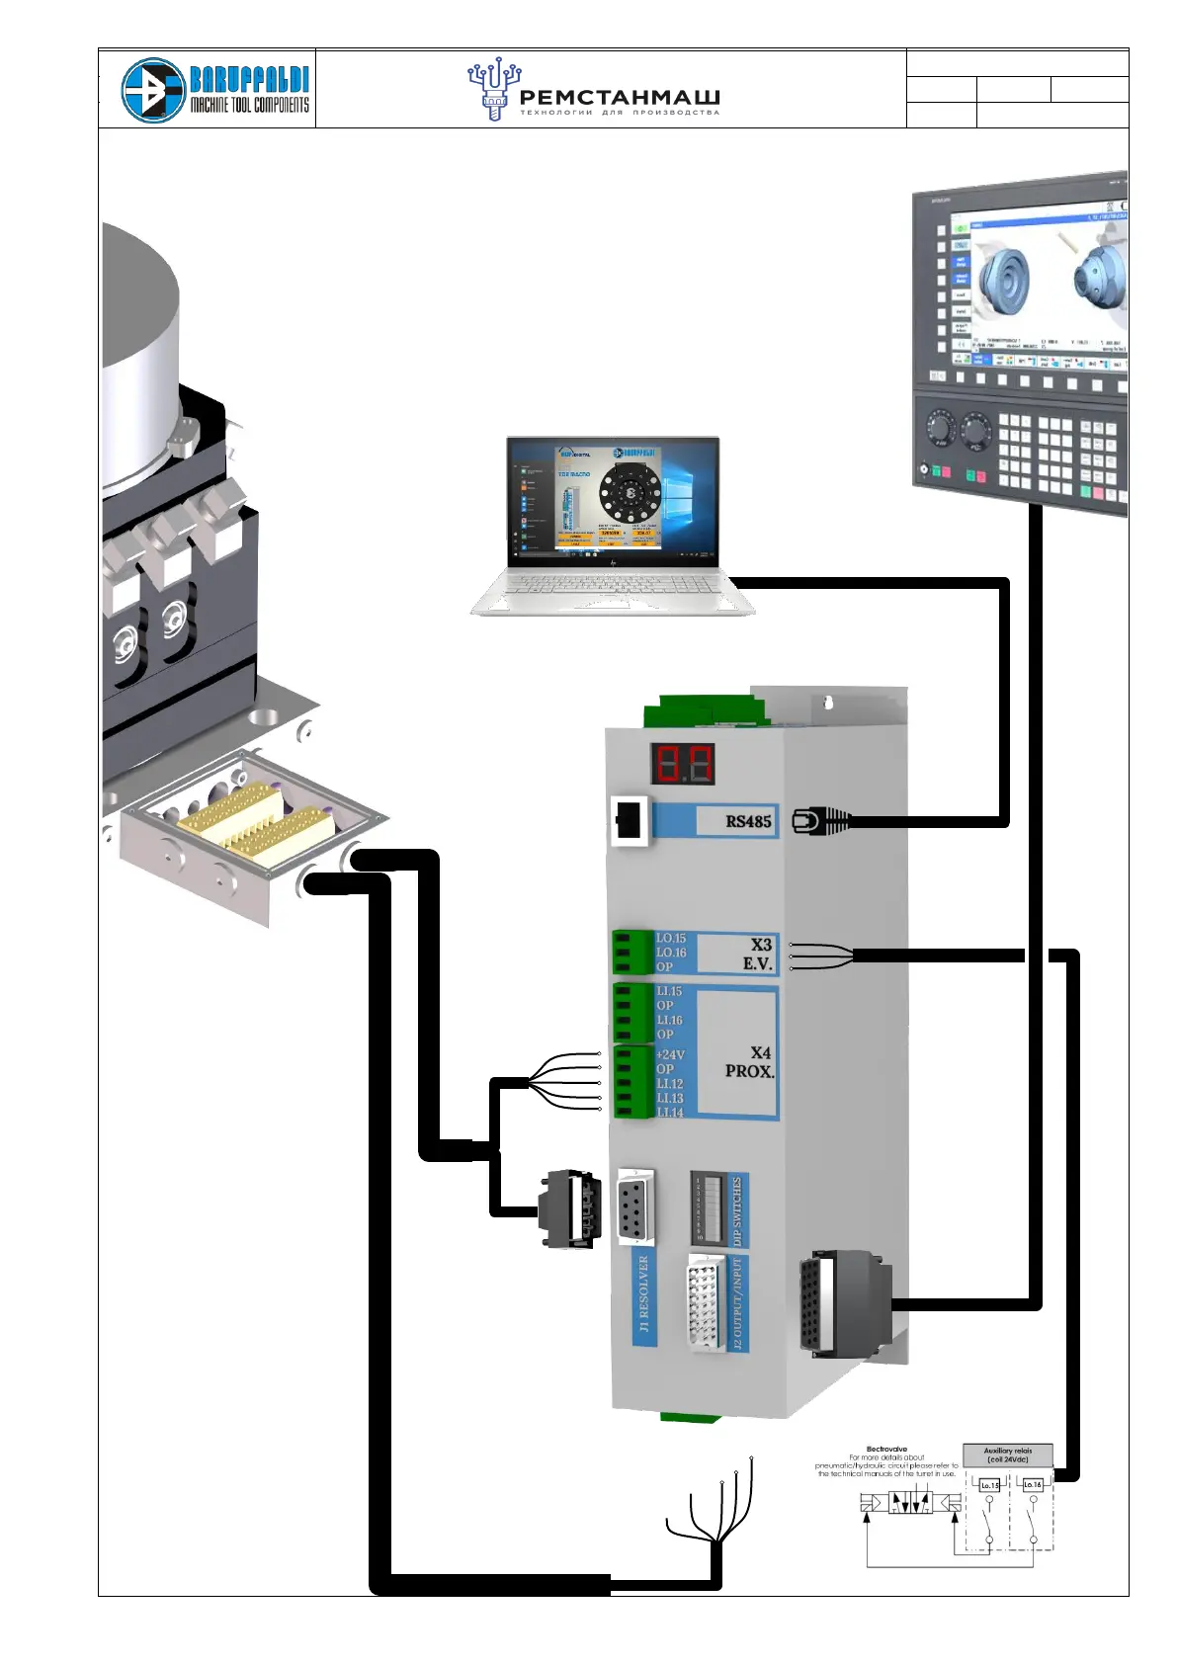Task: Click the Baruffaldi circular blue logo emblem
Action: (x=153, y=90)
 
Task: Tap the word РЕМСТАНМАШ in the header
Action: (x=620, y=98)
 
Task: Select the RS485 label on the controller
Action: (x=748, y=821)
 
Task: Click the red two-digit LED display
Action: (x=682, y=764)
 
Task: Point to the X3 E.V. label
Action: (x=758, y=954)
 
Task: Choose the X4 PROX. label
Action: (x=750, y=1061)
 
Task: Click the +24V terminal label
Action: (x=670, y=1054)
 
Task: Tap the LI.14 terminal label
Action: (x=670, y=1113)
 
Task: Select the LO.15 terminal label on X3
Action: (x=671, y=938)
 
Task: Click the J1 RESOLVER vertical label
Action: (x=644, y=1293)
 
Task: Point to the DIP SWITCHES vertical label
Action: (x=737, y=1209)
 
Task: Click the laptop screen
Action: (x=613, y=501)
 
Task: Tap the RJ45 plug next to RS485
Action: (x=820, y=821)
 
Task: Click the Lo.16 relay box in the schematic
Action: (x=1032, y=1484)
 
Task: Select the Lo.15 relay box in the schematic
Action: (x=989, y=1485)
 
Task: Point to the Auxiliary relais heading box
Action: (x=1008, y=1455)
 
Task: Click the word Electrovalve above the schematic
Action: (x=886, y=1449)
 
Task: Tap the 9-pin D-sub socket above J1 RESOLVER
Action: (x=635, y=1205)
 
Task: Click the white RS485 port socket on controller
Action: (x=629, y=820)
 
